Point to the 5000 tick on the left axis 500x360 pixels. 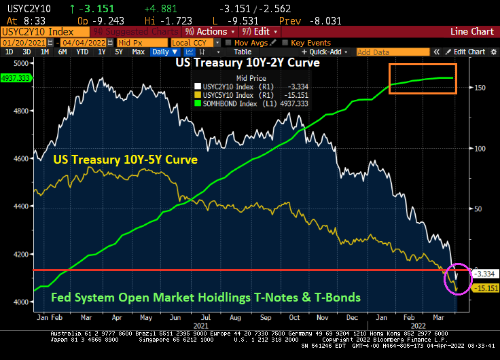coord(22,62)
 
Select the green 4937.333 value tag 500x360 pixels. coord(16,77)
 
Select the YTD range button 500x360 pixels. coord(82,52)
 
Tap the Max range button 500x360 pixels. coord(138,52)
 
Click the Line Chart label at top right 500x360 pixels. coord(472,31)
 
